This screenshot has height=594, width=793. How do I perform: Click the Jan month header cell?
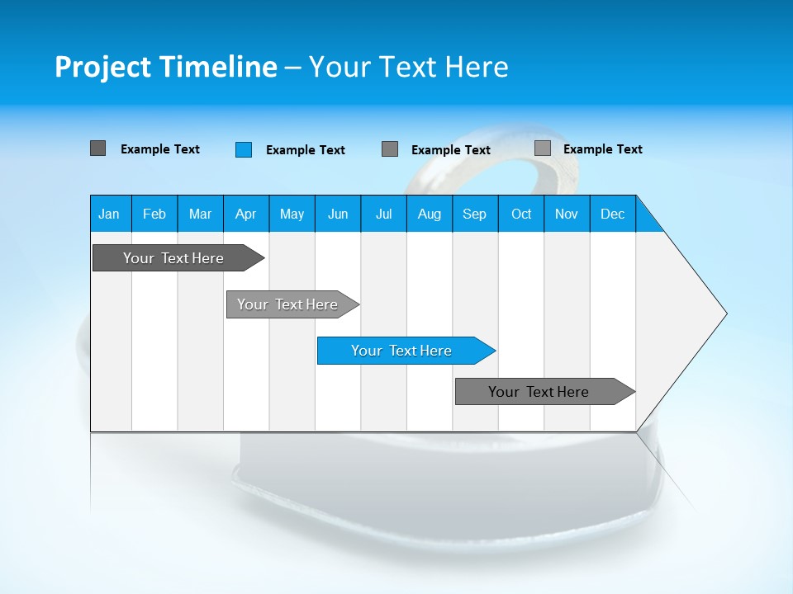pos(110,214)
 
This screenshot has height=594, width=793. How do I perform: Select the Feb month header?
pos(154,214)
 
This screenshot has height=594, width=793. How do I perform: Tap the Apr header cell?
pos(245,214)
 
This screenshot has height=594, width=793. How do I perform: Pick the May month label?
pos(292,214)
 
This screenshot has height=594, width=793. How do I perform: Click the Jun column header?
pos(338,214)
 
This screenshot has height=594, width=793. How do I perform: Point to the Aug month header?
pos(429,214)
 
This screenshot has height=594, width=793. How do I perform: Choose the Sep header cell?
pos(474,214)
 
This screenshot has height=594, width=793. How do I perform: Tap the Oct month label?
pos(521,214)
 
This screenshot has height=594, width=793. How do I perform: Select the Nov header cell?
pos(567,214)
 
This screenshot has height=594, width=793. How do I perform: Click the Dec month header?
pos(612,214)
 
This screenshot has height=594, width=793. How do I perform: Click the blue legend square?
pos(244,149)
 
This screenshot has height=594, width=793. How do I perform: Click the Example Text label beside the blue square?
pos(306,150)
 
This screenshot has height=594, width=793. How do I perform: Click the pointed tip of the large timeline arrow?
pos(724,313)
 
